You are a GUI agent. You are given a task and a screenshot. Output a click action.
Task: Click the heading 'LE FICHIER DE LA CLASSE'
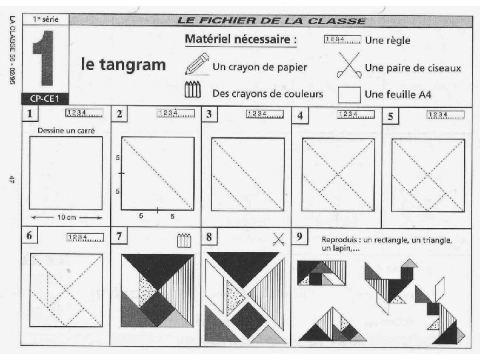[271, 21]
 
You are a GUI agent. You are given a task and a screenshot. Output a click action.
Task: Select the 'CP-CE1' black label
[45, 99]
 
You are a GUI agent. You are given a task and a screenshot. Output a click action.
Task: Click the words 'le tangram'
[123, 64]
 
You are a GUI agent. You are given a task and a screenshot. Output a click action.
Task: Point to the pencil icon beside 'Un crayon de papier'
[197, 64]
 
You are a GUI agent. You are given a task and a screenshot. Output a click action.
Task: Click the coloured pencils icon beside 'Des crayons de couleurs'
[193, 89]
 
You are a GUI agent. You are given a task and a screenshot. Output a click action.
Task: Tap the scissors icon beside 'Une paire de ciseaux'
[349, 65]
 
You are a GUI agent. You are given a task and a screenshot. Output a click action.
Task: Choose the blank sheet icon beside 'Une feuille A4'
[349, 95]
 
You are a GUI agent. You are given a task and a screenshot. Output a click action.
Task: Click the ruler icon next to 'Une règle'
[342, 39]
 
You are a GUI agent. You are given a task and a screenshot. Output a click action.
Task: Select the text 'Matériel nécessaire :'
[241, 39]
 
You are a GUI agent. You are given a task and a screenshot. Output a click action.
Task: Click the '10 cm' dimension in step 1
[67, 217]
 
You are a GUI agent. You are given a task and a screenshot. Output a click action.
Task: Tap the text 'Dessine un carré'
[66, 131]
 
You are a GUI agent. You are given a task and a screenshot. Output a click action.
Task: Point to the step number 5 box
[390, 116]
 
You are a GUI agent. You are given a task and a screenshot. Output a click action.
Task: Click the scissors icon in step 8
[278, 239]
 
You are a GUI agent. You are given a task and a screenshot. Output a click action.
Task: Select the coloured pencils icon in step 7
[184, 240]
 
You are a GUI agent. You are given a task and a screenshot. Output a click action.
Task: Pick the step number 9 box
[299, 236]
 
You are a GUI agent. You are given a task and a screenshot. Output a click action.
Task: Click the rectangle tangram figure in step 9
[322, 273]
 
